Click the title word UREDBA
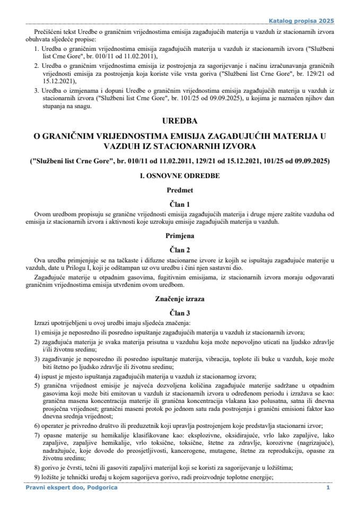(x=180, y=121)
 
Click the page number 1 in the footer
(x=328, y=487)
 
